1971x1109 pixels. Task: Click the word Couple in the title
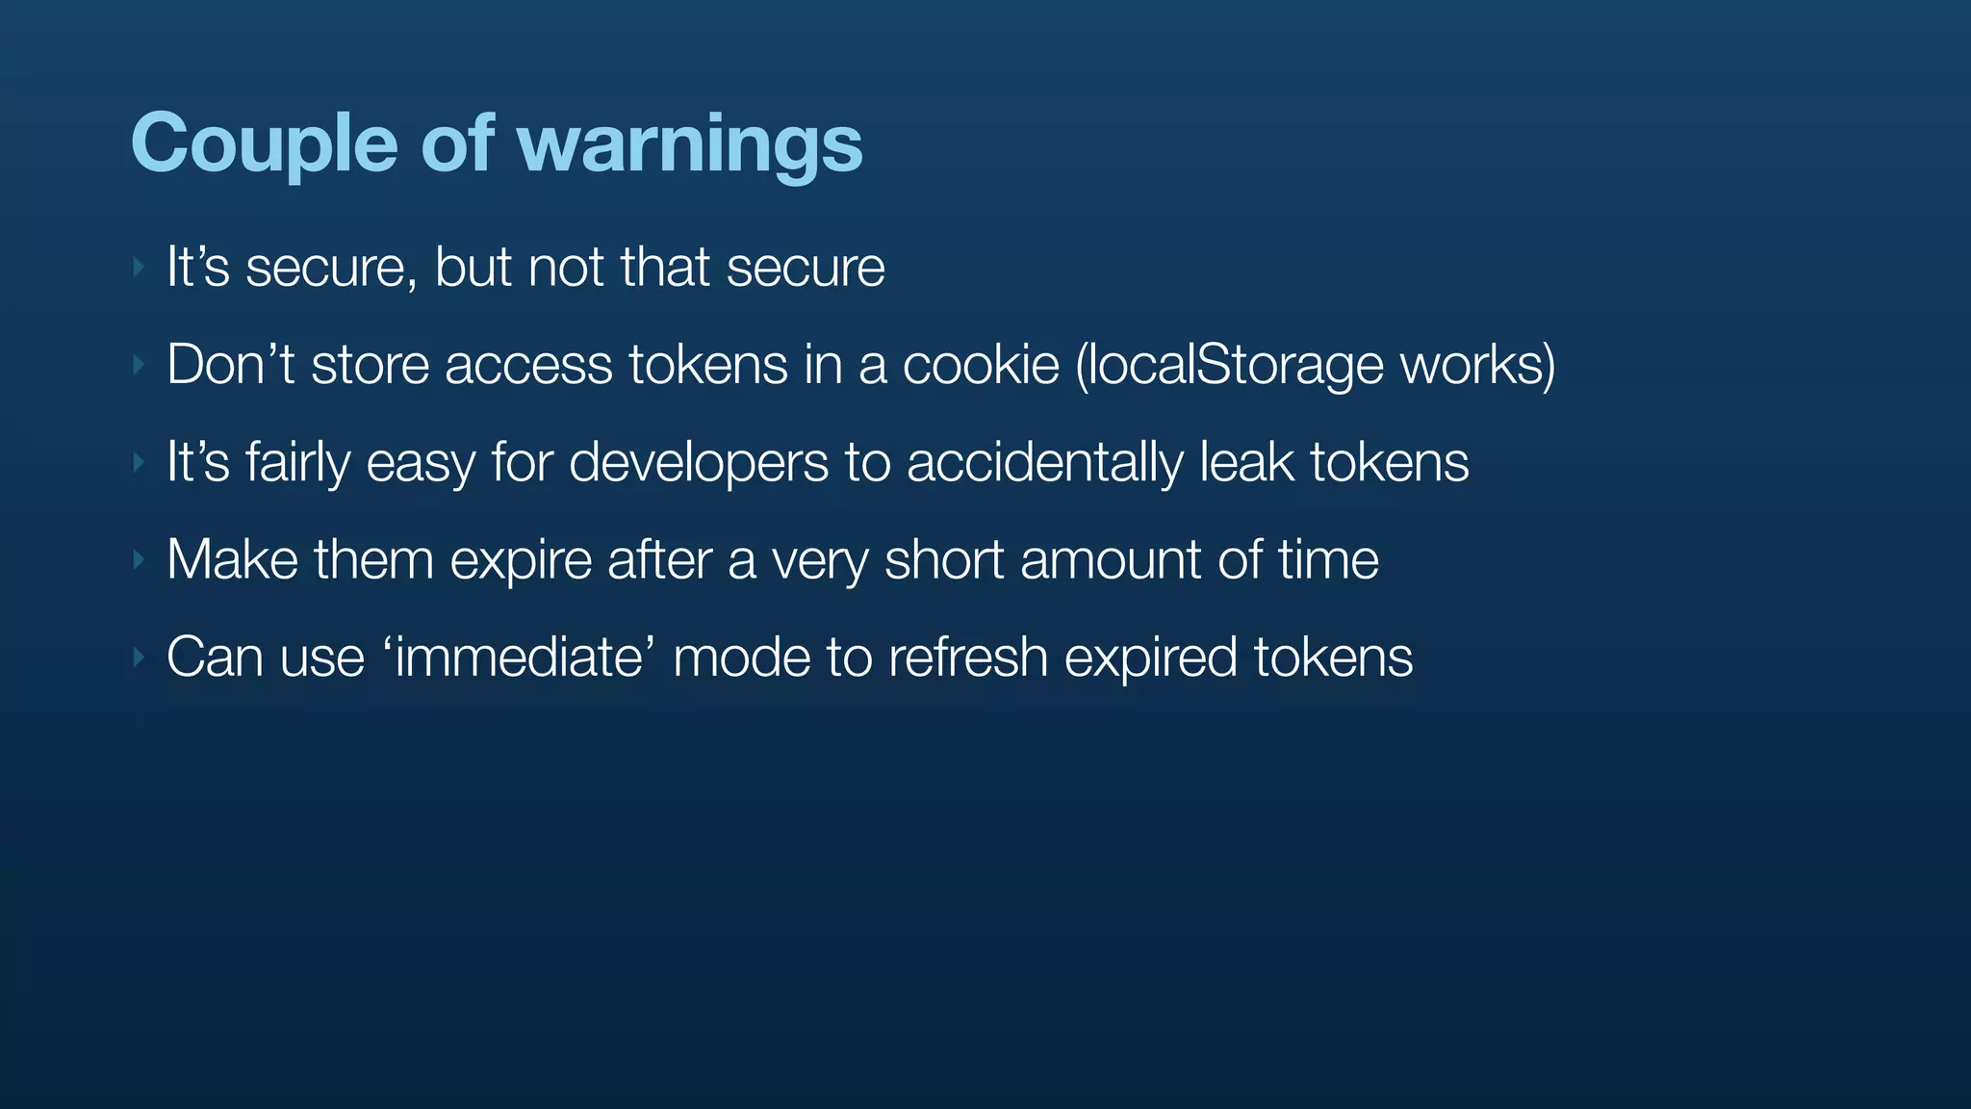click(x=264, y=144)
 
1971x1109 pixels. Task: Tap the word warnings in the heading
click(x=689, y=144)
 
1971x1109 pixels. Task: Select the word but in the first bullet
click(x=473, y=267)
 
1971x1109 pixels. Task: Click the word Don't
click(x=230, y=365)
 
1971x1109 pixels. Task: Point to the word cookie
click(x=980, y=365)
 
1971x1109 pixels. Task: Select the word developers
click(x=698, y=462)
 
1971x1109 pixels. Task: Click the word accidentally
click(x=1044, y=462)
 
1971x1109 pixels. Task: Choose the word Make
click(x=232, y=559)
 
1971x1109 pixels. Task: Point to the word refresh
click(x=967, y=658)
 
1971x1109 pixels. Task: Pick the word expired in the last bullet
click(x=1150, y=658)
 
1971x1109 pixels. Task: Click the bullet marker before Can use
click(x=140, y=658)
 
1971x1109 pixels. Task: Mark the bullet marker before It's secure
click(x=140, y=267)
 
